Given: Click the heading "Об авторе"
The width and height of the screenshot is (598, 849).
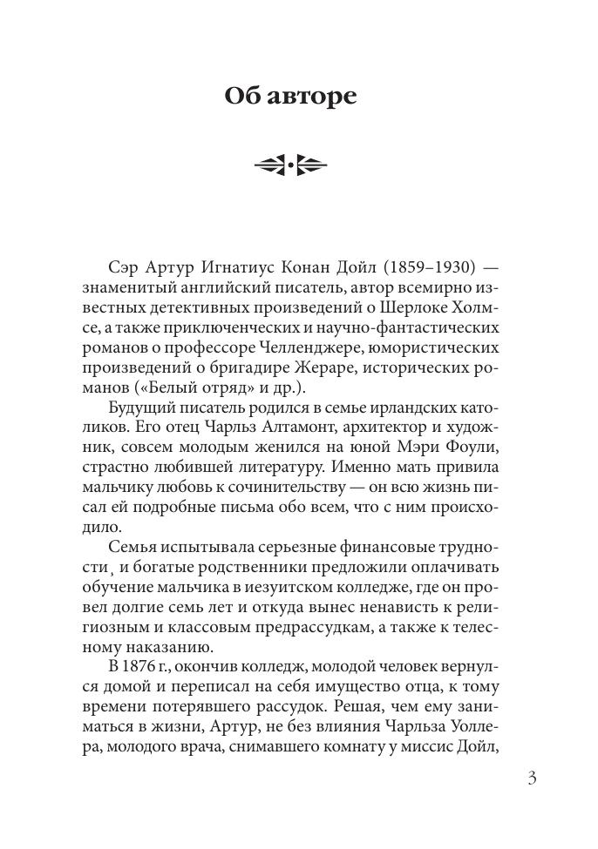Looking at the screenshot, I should pos(290,95).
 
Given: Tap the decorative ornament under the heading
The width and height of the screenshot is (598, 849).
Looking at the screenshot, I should pos(290,164).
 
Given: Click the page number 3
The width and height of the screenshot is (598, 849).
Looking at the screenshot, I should pos(532,778).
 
